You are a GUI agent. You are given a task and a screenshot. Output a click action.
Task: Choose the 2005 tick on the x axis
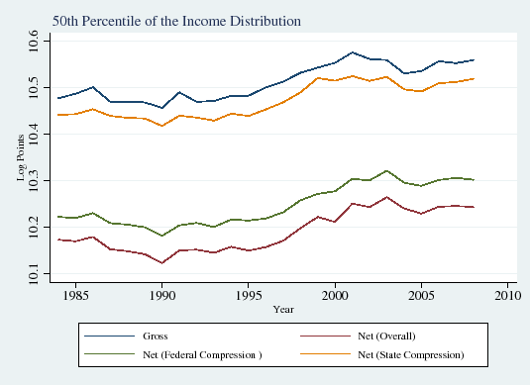(421, 295)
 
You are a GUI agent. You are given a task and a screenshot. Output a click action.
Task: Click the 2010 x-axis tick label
(506, 295)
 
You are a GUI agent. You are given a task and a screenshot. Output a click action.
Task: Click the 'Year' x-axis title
(283, 309)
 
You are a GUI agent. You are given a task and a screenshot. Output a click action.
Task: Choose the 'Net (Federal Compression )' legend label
(173, 353)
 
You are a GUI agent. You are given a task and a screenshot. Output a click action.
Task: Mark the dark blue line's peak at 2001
(352, 52)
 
